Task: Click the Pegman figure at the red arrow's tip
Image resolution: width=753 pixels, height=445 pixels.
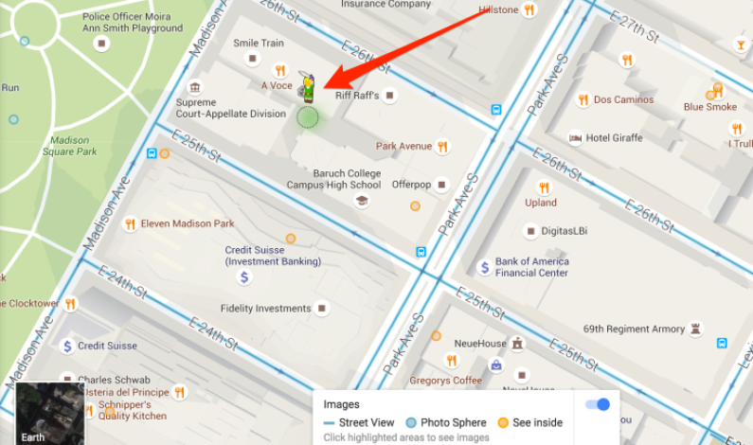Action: (307, 90)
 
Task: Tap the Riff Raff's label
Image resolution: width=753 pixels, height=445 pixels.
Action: (357, 96)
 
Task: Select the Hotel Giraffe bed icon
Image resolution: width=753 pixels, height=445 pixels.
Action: (575, 138)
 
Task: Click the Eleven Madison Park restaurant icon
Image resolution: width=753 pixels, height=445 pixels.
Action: (130, 224)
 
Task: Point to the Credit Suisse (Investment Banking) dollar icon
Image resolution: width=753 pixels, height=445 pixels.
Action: (244, 277)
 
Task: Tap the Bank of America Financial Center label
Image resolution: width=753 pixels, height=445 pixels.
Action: (531, 267)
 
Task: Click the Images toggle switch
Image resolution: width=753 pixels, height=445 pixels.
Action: (598, 404)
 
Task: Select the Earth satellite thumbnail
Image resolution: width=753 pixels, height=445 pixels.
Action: (42, 414)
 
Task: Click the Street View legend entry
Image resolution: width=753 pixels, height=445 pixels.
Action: (359, 423)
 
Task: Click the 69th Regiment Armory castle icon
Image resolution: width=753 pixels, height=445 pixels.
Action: (697, 329)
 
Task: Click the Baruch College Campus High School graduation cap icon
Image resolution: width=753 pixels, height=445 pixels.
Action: (361, 201)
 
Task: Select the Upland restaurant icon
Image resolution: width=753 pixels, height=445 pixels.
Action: (544, 187)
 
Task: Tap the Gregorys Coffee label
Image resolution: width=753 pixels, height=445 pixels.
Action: (445, 381)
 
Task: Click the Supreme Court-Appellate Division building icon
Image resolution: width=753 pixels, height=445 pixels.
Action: (195, 87)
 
